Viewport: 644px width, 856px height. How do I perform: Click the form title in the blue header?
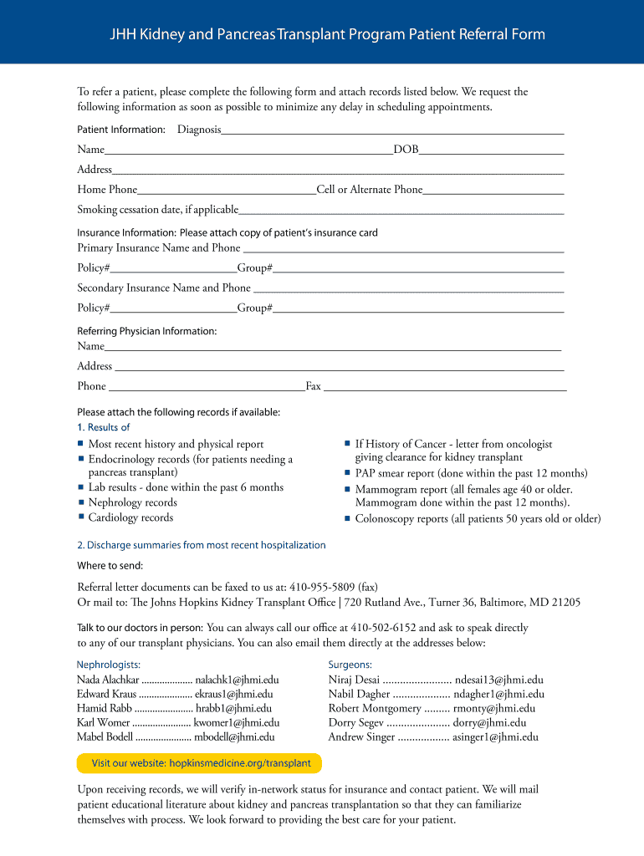point(328,34)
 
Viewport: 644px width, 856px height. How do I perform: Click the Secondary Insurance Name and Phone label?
point(164,288)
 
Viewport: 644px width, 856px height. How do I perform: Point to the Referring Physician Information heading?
point(147,331)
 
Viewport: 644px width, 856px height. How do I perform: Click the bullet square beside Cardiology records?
point(81,517)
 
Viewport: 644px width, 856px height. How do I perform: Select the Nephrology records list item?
point(132,502)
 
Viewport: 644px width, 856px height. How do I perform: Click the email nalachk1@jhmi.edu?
point(237,680)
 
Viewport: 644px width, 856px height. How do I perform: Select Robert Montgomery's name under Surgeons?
point(375,708)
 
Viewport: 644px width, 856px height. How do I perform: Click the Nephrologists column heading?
point(109,665)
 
